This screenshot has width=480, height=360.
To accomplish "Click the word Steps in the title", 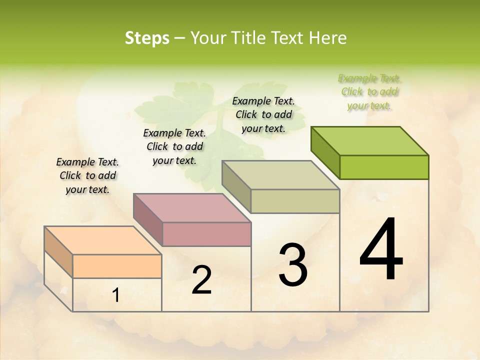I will tap(147, 38).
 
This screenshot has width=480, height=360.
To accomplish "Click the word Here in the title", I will tap(327, 38).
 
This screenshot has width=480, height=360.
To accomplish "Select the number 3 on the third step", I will tap(293, 265).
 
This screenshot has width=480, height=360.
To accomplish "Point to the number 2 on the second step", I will tap(201, 280).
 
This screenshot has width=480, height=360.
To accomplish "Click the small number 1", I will tap(116, 295).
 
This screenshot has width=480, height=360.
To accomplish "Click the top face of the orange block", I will tap(103, 240).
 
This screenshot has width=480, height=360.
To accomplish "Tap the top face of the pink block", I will tap(192, 207).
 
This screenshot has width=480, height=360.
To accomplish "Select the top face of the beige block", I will tap(280, 175).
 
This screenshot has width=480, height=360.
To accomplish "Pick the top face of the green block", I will tap(369, 141).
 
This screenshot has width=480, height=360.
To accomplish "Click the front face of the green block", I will tap(384, 167).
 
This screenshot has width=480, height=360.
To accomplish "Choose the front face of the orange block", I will tap(117, 266).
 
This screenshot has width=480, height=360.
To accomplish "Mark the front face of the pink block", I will tap(206, 234).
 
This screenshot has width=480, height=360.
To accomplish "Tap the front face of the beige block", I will tap(295, 201).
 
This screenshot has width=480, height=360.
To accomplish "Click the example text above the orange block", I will tap(87, 175).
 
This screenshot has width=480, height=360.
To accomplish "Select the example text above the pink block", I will tap(174, 146).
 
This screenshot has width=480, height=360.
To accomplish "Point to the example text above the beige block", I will tap(263, 114).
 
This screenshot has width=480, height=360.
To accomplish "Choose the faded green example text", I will tap(369, 91).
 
